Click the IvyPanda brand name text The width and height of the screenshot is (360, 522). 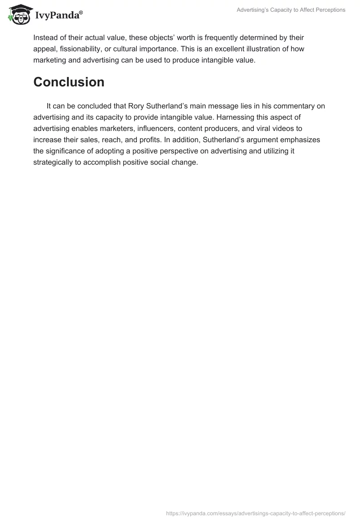(x=58, y=16)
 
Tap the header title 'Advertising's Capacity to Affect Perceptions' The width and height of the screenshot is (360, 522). (x=291, y=10)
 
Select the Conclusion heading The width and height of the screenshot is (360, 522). (x=69, y=82)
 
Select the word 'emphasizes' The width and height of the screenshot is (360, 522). (x=303, y=140)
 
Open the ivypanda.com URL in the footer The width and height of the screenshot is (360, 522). (x=256, y=513)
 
